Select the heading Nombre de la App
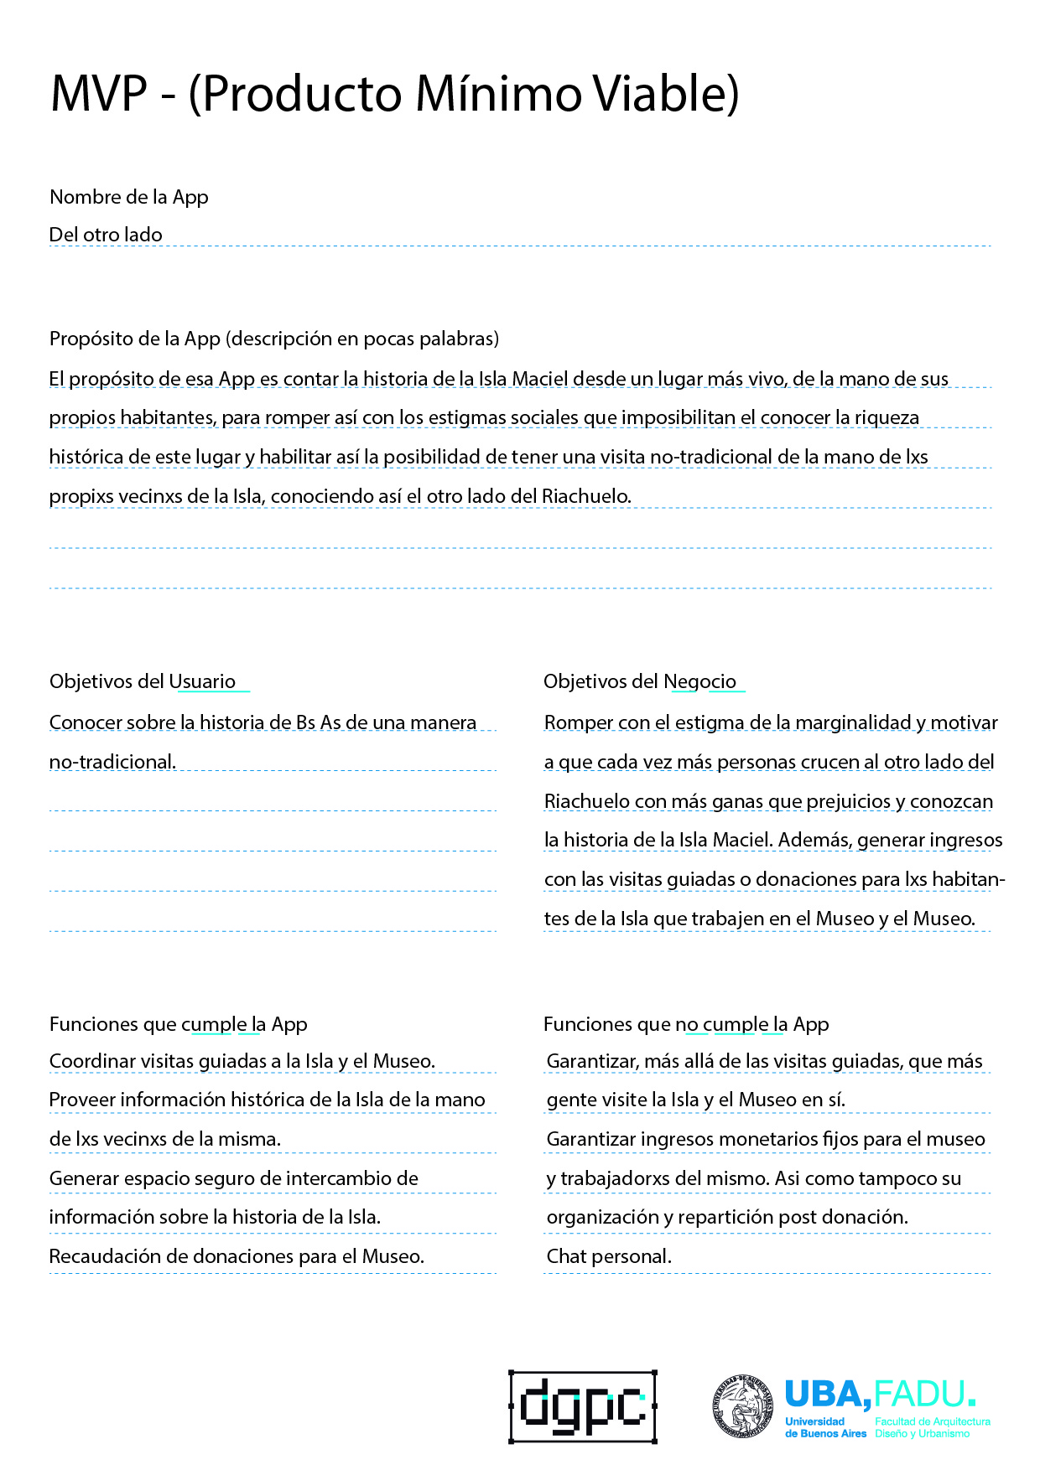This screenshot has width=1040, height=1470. (x=129, y=197)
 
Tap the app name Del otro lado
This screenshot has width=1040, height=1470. (x=106, y=235)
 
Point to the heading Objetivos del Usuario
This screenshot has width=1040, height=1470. (x=143, y=681)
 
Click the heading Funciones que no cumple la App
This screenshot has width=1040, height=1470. (x=686, y=1024)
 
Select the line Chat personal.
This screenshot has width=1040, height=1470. (x=609, y=1256)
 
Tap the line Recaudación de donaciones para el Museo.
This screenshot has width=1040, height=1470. (x=237, y=1256)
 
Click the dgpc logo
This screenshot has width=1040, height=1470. (x=583, y=1407)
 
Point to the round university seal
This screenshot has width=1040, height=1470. (x=743, y=1407)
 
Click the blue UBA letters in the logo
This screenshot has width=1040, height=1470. (x=826, y=1395)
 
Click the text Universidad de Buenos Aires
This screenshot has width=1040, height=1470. (x=825, y=1427)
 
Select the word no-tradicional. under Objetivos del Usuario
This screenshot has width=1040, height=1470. (x=112, y=762)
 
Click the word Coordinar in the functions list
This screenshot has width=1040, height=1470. (x=92, y=1061)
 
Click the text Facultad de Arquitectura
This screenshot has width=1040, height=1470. (x=933, y=1421)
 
